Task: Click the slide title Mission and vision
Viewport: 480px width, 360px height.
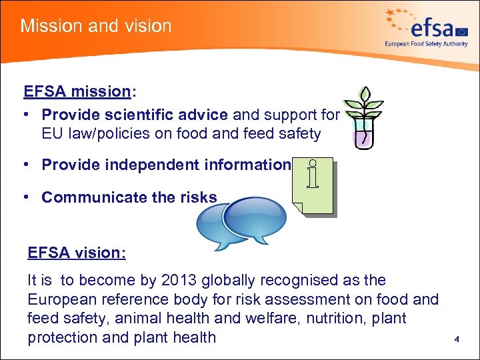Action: click(x=96, y=26)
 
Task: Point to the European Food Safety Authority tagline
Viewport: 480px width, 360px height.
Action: click(x=426, y=44)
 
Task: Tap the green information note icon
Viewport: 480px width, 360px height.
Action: click(x=313, y=186)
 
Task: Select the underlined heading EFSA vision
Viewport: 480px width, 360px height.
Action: click(x=77, y=253)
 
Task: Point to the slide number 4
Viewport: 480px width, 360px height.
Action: click(x=457, y=339)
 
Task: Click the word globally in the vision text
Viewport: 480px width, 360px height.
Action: click(x=233, y=281)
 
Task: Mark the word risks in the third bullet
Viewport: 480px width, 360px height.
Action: click(x=198, y=197)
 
